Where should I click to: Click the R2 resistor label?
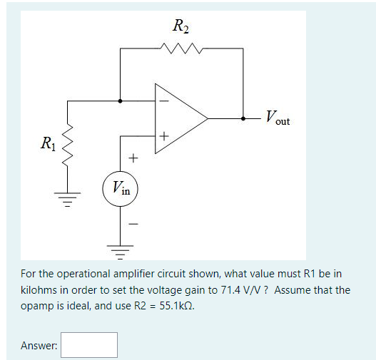pos(181,28)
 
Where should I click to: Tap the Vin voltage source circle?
pos(121,189)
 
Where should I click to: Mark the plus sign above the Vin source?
pos(132,156)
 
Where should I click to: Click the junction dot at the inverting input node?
pos(121,101)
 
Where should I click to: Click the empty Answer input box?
pos(89,345)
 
